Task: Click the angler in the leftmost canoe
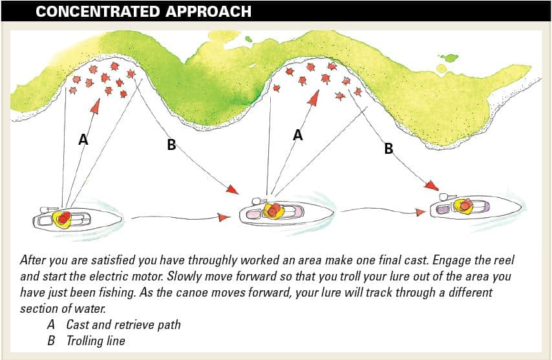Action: click(62, 218)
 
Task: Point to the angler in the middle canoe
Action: click(274, 211)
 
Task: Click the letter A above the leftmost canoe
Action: click(83, 139)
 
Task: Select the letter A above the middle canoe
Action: click(297, 135)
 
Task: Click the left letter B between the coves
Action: click(171, 145)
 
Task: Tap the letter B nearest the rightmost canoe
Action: click(388, 149)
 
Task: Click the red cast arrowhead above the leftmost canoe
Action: click(96, 105)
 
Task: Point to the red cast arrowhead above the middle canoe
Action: click(314, 98)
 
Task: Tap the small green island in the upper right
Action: click(447, 59)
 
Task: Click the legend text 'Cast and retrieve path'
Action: click(123, 324)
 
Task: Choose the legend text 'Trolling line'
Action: click(96, 341)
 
